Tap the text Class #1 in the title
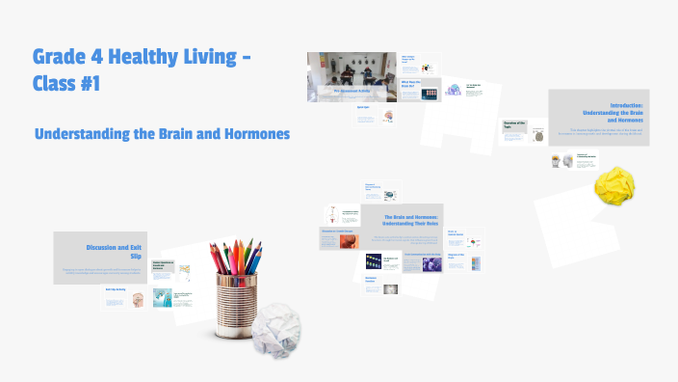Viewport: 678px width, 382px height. coord(65,84)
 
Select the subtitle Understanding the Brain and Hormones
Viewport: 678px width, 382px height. coord(162,133)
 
